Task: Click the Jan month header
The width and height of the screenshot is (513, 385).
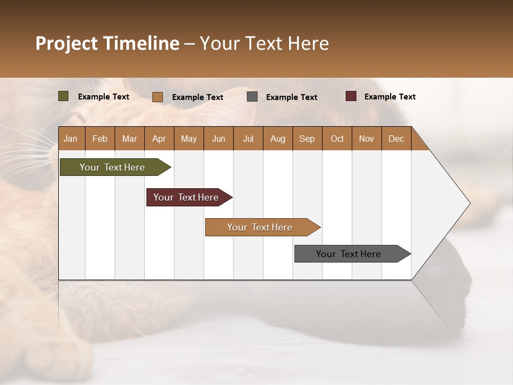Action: [x=71, y=138]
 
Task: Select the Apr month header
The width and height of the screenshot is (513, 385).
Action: [x=159, y=138]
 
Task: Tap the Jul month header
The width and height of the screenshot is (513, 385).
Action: [x=248, y=138]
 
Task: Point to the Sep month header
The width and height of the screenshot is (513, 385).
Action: [x=307, y=138]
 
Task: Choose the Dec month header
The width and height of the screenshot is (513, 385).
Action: [x=396, y=138]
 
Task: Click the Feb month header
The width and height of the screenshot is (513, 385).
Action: [x=100, y=138]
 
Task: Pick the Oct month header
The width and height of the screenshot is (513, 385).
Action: [x=337, y=138]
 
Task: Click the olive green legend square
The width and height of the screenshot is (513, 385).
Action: [x=64, y=96]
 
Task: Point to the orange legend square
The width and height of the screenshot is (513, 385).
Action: [x=158, y=97]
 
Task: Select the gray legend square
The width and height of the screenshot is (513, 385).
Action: [x=252, y=97]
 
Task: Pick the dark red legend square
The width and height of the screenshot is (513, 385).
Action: [x=351, y=96]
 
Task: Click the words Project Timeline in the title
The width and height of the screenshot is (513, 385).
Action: [x=107, y=43]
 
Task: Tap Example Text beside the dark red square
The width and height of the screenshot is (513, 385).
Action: [x=390, y=97]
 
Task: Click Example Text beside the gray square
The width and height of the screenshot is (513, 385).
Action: [x=291, y=97]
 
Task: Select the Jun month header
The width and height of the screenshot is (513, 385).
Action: [x=219, y=138]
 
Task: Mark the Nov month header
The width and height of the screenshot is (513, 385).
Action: [x=367, y=138]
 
